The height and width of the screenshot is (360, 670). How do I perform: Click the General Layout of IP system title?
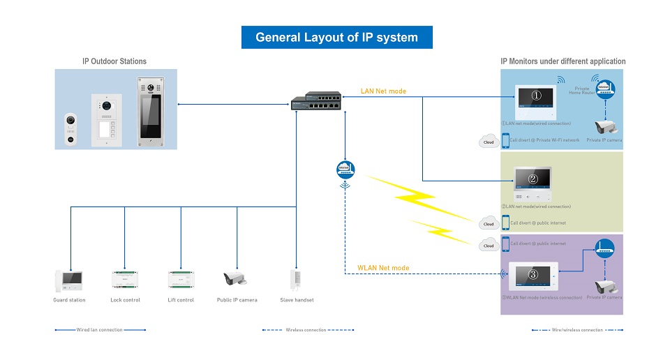click(x=336, y=37)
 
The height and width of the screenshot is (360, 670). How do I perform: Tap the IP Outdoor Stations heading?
click(x=114, y=61)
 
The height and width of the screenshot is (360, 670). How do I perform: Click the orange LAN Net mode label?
click(x=383, y=91)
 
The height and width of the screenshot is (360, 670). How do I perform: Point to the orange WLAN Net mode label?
click(x=383, y=268)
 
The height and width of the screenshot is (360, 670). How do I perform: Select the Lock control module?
click(x=125, y=280)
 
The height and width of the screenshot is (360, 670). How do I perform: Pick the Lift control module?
click(x=181, y=280)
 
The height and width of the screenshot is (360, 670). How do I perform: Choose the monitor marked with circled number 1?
click(x=536, y=102)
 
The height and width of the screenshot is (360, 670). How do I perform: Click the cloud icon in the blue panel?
click(x=489, y=142)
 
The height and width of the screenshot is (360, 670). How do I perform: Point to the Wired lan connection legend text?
click(x=100, y=330)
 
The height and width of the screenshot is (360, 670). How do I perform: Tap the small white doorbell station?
click(x=70, y=128)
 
